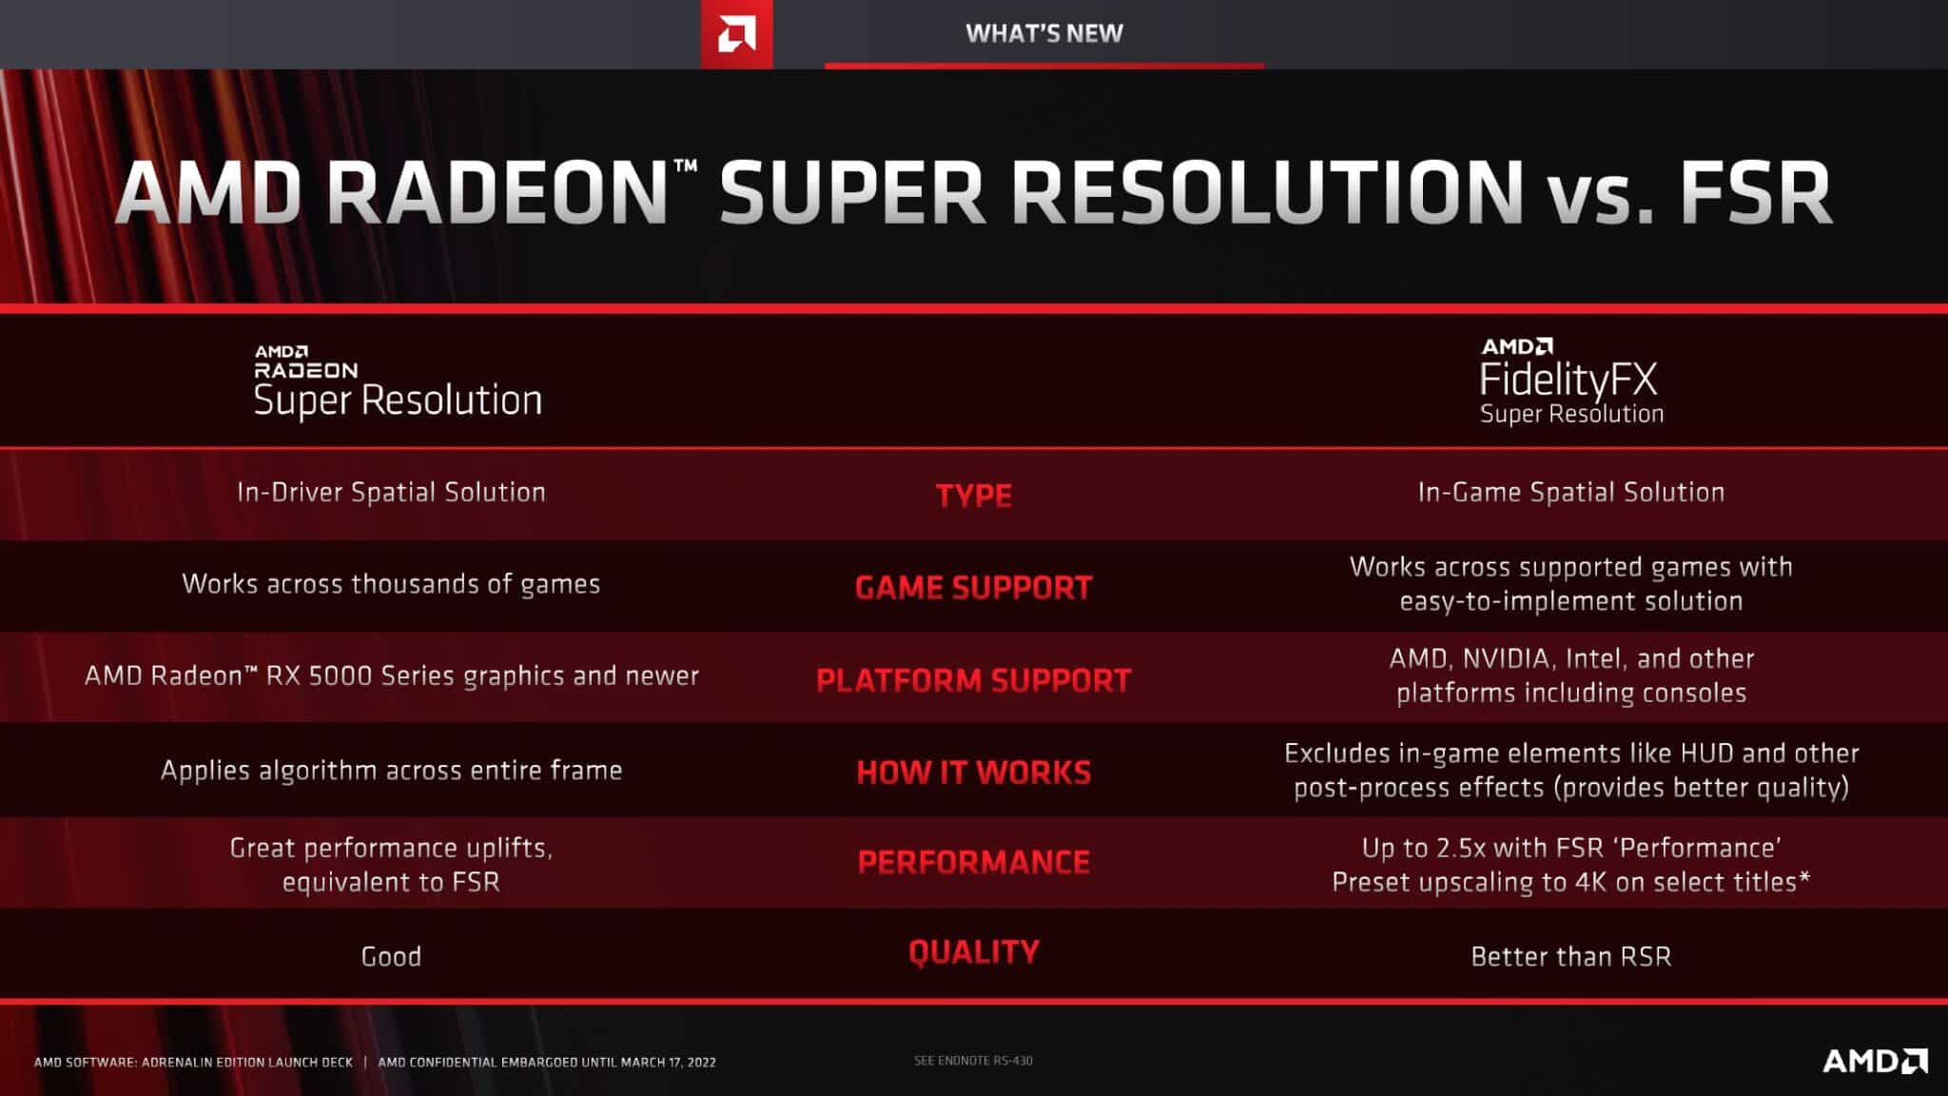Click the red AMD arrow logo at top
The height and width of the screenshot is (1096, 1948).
tap(736, 34)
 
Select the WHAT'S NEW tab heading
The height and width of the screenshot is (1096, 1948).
tap(1044, 33)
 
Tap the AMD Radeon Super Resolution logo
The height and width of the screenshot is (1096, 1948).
tap(398, 382)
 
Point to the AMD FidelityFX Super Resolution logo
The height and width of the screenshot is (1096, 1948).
tap(1571, 381)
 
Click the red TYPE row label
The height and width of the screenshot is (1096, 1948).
tap(973, 495)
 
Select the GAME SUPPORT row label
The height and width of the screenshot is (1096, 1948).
tap(973, 588)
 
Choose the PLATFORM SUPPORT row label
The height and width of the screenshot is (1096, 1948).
tap(973, 680)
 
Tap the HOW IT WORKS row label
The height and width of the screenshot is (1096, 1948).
tap(973, 773)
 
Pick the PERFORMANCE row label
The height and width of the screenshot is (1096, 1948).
tap(973, 862)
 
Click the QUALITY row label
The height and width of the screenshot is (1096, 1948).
tap(973, 952)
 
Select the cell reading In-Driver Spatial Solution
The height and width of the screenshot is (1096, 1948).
tap(391, 492)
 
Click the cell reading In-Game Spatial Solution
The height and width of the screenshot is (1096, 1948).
tap(1571, 492)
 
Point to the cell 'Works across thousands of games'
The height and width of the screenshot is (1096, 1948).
tap(391, 584)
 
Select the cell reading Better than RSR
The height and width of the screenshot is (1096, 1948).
tap(1571, 956)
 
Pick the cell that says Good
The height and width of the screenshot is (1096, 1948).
tap(391, 956)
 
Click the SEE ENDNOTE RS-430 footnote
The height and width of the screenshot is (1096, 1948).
tap(973, 1060)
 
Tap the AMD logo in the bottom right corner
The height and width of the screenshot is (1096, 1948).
tap(1875, 1060)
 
